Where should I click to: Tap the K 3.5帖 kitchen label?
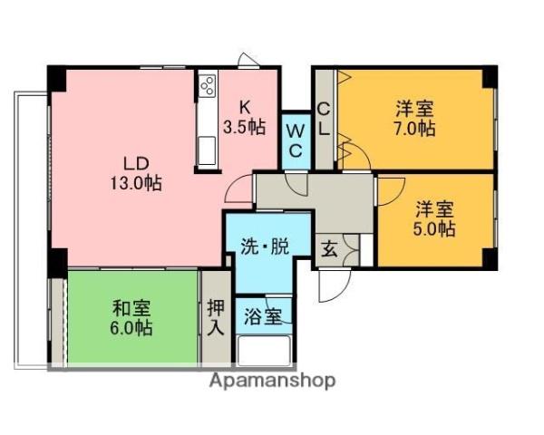[244, 118]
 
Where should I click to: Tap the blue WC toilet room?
[295, 140]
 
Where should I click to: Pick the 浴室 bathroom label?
[264, 317]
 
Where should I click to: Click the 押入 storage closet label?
[215, 317]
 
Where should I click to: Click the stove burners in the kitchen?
[206, 88]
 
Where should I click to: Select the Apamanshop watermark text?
[272, 381]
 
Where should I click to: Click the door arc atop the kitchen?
[248, 60]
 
